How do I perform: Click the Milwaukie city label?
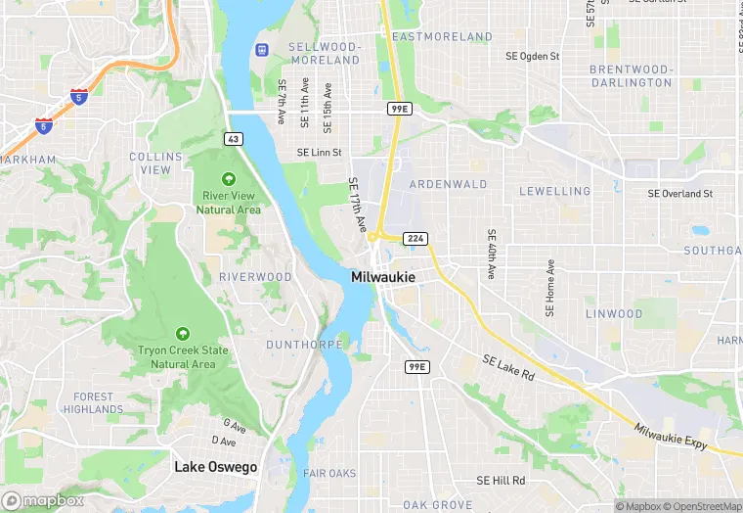click(x=382, y=278)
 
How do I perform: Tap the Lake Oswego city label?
click(x=215, y=467)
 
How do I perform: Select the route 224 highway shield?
click(x=415, y=238)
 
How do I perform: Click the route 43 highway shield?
click(x=233, y=139)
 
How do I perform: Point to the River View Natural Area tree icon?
click(x=228, y=179)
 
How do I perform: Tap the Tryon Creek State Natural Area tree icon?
click(x=182, y=334)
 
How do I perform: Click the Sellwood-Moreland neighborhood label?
click(x=325, y=54)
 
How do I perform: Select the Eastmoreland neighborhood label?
click(x=442, y=37)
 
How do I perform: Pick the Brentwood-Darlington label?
click(x=631, y=76)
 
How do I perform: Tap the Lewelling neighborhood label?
click(x=554, y=191)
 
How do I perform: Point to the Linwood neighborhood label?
click(x=614, y=314)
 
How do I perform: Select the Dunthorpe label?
click(x=304, y=345)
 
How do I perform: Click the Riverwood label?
click(x=255, y=277)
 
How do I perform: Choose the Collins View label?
click(x=155, y=163)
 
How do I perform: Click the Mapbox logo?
click(x=43, y=500)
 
